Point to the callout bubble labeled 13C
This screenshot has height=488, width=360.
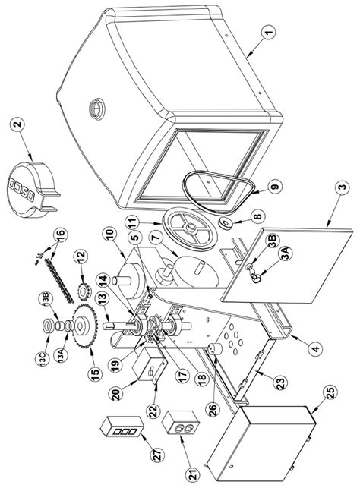(x=43, y=357)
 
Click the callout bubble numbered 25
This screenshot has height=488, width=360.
(x=330, y=394)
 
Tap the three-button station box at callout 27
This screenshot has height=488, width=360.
(x=122, y=427)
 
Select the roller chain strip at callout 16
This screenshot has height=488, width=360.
(x=59, y=280)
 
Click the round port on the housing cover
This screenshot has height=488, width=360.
(x=97, y=109)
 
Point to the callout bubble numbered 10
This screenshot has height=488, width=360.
(x=111, y=237)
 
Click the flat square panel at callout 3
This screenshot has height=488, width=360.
(x=286, y=266)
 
